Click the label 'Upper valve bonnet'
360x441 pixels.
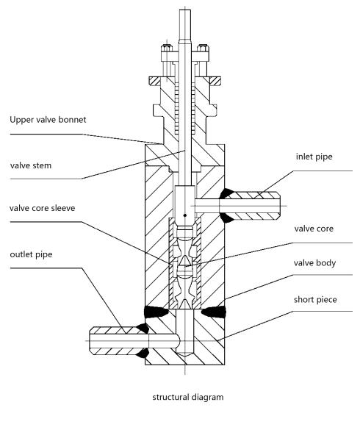click(x=48, y=120)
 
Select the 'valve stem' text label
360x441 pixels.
click(x=31, y=165)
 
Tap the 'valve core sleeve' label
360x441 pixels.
click(x=42, y=208)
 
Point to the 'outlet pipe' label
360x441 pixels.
click(x=31, y=254)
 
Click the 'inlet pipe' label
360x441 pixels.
click(x=314, y=157)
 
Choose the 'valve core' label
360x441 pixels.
click(x=314, y=229)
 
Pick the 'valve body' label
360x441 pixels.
click(x=314, y=263)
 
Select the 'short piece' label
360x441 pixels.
click(x=315, y=300)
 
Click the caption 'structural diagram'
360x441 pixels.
click(x=188, y=398)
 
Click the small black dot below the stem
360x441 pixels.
click(x=185, y=215)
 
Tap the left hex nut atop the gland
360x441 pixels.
click(x=167, y=49)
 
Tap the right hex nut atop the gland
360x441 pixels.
click(x=203, y=49)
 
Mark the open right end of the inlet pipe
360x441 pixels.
click(x=280, y=206)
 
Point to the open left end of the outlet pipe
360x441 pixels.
click(x=90, y=340)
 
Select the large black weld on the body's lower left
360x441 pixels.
click(x=155, y=312)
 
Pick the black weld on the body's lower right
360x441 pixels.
click(x=214, y=312)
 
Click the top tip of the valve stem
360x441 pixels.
click(x=185, y=10)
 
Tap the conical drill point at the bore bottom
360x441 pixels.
click(x=185, y=355)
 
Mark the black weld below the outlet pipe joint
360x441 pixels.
click(x=143, y=354)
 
